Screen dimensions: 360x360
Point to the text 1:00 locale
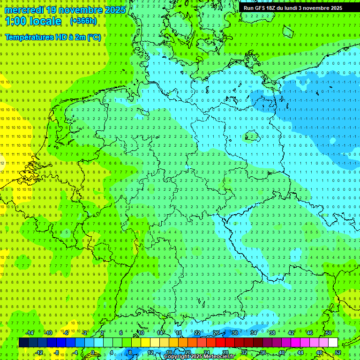point(33,22)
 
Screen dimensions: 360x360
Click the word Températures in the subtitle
point(29,37)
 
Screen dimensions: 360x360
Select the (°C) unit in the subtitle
point(94,37)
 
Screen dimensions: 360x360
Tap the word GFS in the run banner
point(258,8)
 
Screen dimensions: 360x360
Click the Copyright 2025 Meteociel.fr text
point(199,357)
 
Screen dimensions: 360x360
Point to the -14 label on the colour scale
point(30,333)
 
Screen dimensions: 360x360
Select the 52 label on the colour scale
point(338,352)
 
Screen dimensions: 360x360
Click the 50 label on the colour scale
point(329,333)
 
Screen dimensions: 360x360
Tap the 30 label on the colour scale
point(235,333)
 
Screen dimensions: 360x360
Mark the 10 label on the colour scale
point(141,333)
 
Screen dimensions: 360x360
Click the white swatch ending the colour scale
point(333,343)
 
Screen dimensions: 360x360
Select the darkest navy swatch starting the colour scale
point(23,343)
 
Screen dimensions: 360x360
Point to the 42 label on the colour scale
point(291,333)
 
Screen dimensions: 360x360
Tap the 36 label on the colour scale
point(263,352)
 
